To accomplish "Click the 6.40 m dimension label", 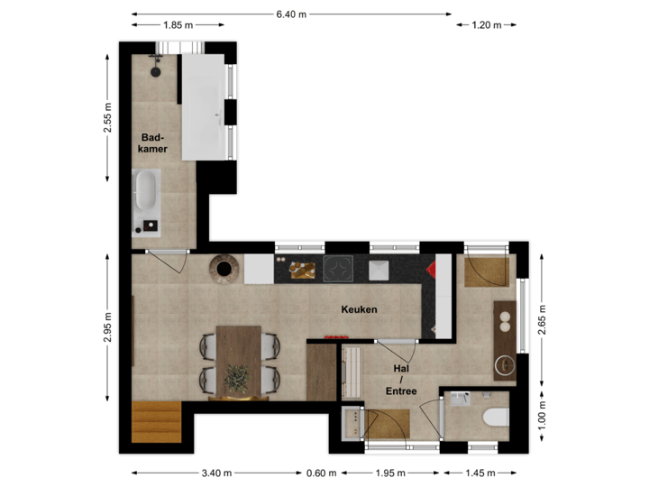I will click(291, 14).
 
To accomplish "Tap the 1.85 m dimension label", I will click(177, 25).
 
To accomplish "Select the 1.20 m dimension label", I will click(486, 25).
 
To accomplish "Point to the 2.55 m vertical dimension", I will click(108, 117).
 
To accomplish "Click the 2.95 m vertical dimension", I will click(108, 329).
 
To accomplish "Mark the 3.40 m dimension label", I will click(216, 472).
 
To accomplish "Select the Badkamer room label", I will click(153, 142).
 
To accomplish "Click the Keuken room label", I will click(359, 309).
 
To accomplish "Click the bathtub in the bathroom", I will click(146, 195).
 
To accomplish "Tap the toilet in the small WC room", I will click(495, 417).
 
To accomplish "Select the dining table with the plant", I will click(238, 361).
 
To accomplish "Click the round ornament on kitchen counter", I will click(224, 268).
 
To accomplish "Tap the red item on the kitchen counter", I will click(431, 269).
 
